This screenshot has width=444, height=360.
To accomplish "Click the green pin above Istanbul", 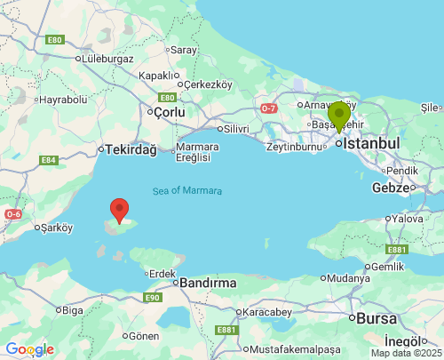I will (338, 116).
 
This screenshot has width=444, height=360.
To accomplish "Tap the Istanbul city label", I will (372, 143).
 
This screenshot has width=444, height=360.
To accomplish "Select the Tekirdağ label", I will (131, 150).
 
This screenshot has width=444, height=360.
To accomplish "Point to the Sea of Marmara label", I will (187, 191).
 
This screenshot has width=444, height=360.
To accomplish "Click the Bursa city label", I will (377, 317).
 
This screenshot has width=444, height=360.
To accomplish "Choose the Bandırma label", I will (208, 283).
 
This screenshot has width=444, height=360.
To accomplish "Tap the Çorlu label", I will (169, 113).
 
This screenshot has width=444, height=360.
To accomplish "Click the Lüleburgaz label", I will (106, 59).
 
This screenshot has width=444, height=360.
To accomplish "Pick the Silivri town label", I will (236, 128).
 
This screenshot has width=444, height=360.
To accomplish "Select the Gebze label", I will (390, 188).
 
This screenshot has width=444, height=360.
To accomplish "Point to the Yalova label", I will (408, 219).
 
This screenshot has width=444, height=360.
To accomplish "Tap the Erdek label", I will (162, 273).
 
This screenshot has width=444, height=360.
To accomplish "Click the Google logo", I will (29, 349).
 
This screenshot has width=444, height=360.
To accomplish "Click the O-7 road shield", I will (269, 108).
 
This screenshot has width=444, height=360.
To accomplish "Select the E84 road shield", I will (48, 160).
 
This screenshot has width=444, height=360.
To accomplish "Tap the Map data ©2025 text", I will (406, 353).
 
